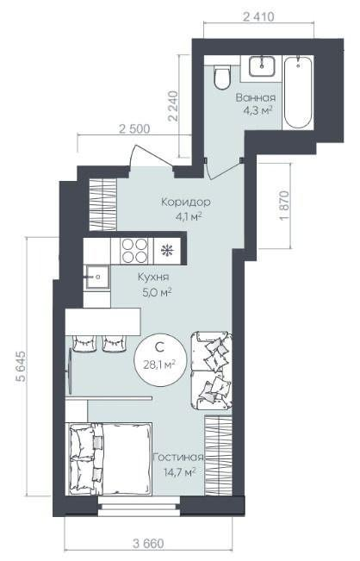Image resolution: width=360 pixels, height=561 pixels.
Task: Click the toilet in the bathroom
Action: pyautogui.click(x=222, y=77)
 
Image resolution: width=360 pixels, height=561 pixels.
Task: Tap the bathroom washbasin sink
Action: pyautogui.click(x=262, y=66)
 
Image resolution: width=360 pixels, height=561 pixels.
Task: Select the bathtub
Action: pyautogui.click(x=298, y=92)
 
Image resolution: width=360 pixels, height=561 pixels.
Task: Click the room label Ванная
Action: pyautogui.click(x=256, y=97)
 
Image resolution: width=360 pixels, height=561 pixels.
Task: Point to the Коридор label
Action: pyautogui.click(x=185, y=203)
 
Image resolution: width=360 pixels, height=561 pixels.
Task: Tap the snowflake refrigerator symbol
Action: pyautogui.click(x=166, y=250)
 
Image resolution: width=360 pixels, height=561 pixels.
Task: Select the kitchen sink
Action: pyautogui.click(x=96, y=277)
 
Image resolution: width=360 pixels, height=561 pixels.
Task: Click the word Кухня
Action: pyautogui.click(x=153, y=277)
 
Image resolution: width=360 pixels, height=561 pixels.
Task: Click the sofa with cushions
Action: pyautogui.click(x=211, y=371)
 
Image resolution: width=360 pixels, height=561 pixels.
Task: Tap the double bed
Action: pyautogui.click(x=110, y=458)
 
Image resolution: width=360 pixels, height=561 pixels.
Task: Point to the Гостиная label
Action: pyautogui.click(x=178, y=458)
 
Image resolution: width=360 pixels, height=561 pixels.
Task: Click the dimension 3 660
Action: pyautogui.click(x=149, y=544)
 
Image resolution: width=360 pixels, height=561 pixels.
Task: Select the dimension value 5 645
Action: pyautogui.click(x=21, y=366)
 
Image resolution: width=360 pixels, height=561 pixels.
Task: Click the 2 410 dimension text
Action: pyautogui.click(x=258, y=16)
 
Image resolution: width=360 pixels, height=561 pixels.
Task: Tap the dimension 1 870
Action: pyautogui.click(x=284, y=205)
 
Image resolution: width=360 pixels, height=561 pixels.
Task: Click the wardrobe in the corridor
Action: pyautogui.click(x=103, y=204)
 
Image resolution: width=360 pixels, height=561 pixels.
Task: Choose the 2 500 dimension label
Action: pyautogui.click(x=134, y=128)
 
